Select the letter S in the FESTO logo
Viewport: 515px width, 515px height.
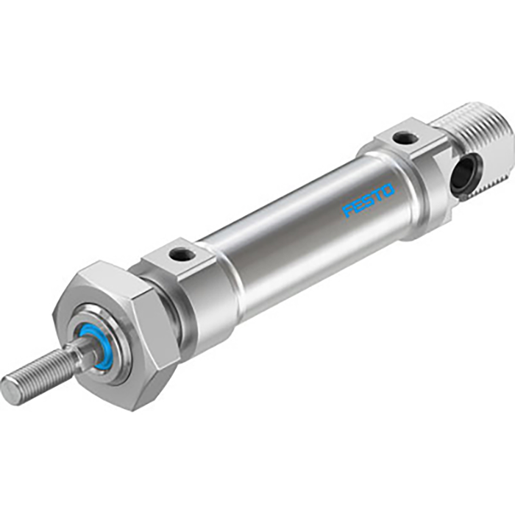(x=369, y=201)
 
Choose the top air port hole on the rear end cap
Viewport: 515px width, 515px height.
(x=402, y=137)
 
